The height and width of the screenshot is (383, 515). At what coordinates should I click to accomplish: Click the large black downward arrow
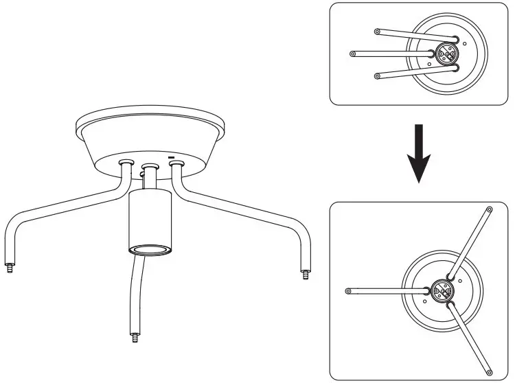click(419, 157)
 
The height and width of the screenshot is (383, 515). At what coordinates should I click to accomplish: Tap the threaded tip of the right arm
click(304, 275)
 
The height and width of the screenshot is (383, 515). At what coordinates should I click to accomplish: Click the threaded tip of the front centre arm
click(133, 337)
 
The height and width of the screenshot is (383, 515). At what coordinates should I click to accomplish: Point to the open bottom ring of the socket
click(149, 248)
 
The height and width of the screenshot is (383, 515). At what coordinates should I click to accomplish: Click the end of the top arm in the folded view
click(377, 31)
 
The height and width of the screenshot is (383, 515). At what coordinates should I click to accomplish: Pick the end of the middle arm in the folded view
click(353, 54)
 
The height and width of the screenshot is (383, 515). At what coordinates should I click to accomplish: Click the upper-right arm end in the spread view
click(489, 209)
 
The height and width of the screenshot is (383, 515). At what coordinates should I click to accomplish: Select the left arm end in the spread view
click(349, 291)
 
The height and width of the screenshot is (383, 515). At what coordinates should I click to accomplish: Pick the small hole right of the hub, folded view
click(465, 43)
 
